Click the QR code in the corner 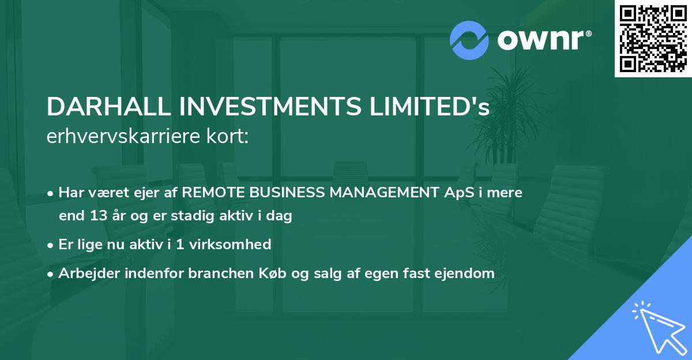pos(653,39)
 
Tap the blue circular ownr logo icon pos(469,40)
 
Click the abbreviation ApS pos(454,193)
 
